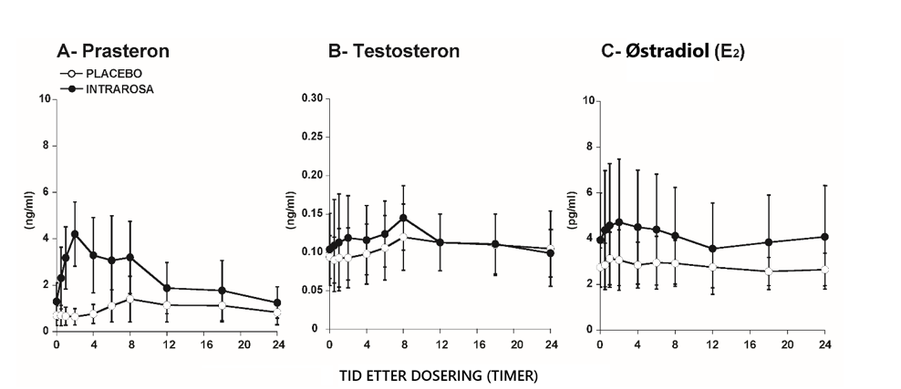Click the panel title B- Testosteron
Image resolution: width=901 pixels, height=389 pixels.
[x=394, y=51]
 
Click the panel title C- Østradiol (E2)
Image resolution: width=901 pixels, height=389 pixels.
[x=673, y=51]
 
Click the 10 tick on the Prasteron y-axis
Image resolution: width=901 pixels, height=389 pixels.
[x=44, y=97]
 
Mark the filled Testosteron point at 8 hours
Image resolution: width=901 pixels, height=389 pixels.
[x=403, y=218]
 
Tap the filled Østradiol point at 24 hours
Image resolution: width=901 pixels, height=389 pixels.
[x=824, y=237]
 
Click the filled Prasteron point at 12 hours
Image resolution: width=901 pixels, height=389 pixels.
[x=167, y=288]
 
